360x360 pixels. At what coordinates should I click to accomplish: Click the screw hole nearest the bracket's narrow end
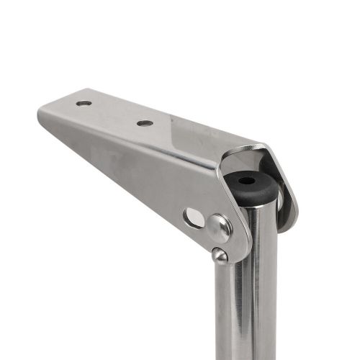click(x=84, y=104)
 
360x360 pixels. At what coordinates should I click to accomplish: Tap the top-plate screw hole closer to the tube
click(x=145, y=123)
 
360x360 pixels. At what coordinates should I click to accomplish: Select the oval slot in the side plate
click(x=193, y=217)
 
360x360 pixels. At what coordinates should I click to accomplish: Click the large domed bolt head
click(x=220, y=228)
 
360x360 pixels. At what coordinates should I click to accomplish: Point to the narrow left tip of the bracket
click(x=42, y=115)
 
